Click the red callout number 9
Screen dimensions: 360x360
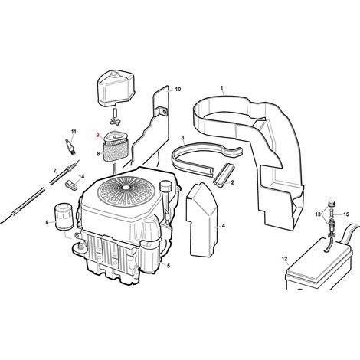[x=97, y=136]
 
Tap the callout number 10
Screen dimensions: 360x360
[x=178, y=89]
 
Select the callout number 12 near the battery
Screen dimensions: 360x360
[x=284, y=259]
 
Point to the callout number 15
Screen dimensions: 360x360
[x=345, y=214]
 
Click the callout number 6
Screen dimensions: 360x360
[x=47, y=223]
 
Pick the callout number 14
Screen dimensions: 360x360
[x=81, y=176]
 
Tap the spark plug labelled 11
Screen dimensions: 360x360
[x=70, y=146]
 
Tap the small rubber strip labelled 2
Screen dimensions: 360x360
[x=223, y=174]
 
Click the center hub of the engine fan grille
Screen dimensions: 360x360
[x=126, y=187]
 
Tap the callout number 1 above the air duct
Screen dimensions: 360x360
[x=222, y=88]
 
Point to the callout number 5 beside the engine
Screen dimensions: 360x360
[x=169, y=266]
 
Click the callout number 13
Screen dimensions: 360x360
[x=318, y=214]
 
